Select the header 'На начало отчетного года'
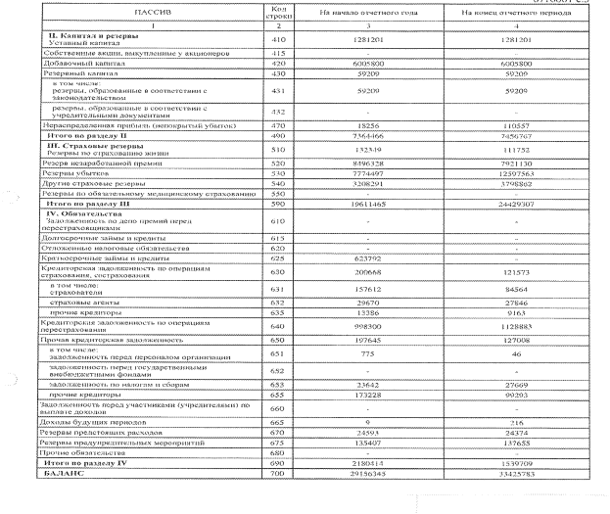(x=359, y=15)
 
